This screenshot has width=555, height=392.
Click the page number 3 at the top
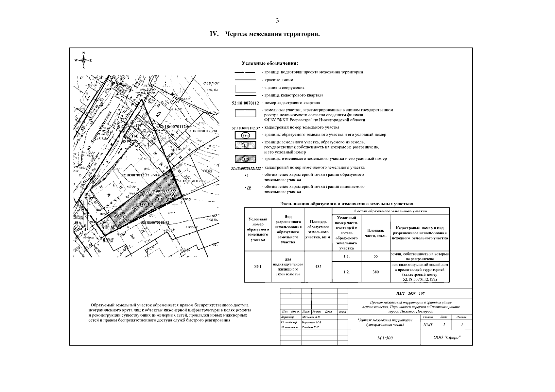click(277, 21)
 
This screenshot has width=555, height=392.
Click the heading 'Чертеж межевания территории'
click(272, 34)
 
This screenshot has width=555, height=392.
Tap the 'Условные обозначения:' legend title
click(270, 63)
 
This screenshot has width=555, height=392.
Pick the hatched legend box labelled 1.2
click(245, 159)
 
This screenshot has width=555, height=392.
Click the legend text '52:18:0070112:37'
click(246, 128)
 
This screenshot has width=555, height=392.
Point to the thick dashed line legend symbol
click(245, 72)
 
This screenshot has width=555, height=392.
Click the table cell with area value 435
click(318, 267)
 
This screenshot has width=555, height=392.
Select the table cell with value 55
click(375, 256)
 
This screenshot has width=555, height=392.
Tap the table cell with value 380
click(375, 272)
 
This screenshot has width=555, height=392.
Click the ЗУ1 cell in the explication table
click(258, 267)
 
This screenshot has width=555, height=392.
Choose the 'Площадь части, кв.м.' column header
click(375, 233)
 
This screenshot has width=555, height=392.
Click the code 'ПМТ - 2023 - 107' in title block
click(410, 294)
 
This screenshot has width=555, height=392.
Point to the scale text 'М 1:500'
click(385, 338)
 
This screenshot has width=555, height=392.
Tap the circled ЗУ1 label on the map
click(144, 204)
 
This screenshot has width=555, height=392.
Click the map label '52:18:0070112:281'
click(202, 131)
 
